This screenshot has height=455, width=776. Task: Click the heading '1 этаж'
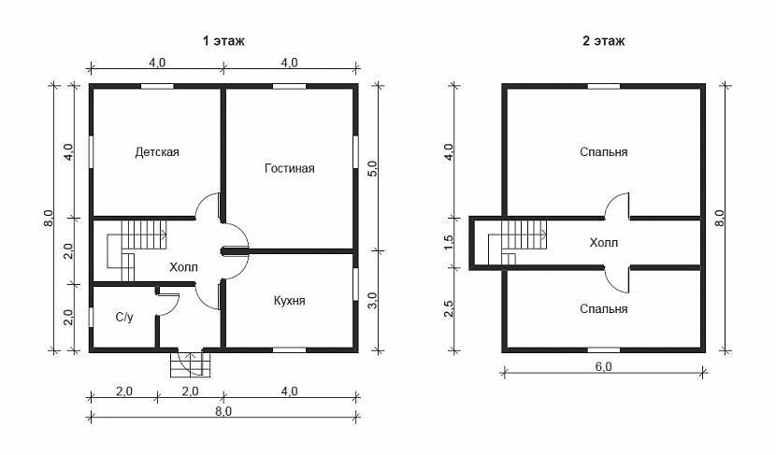223,40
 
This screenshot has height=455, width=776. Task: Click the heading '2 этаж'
603,40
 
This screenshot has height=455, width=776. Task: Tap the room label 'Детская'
157,152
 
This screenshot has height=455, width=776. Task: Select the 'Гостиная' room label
290,168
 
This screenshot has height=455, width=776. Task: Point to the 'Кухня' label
290,301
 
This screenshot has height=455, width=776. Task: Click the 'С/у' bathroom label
124,317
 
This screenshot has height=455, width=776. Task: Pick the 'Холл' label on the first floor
183,267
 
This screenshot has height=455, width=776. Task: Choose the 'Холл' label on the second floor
604,243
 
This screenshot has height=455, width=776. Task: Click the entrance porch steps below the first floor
191,364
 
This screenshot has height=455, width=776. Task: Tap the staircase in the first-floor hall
137,250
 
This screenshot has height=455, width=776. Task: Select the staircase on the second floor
517,242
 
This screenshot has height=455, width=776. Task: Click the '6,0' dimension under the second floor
603,366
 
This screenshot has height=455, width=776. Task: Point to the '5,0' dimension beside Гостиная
372,168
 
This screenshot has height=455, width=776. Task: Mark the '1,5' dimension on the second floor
449,242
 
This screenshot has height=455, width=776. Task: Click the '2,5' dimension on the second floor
449,309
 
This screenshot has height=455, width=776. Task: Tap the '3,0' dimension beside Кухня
372,301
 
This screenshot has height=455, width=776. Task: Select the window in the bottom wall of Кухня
290,350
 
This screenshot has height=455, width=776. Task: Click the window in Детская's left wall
91,152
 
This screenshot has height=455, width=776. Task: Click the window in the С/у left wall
91,317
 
